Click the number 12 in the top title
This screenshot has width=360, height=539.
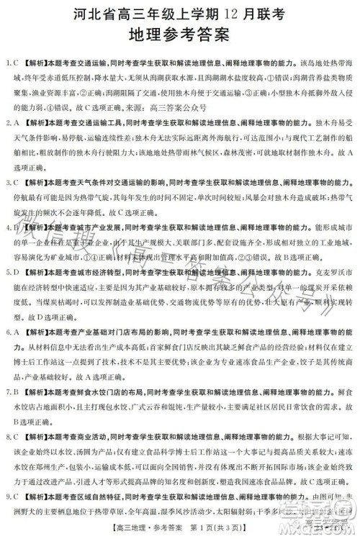point(210,12)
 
